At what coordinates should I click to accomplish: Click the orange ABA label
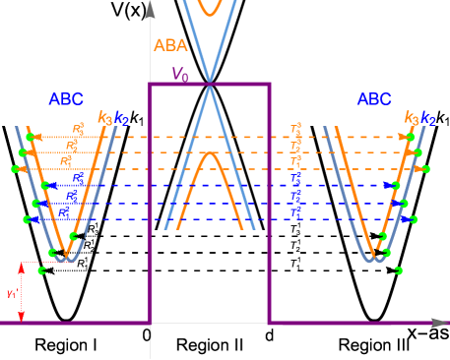pos(170,44)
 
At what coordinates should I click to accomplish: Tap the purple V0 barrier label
pos(179,74)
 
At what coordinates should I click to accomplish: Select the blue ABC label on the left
pos(66,98)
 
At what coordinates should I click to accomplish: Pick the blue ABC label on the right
pos(373,98)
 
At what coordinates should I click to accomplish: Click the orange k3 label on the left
pos(104,117)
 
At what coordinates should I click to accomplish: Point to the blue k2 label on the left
pos(120,118)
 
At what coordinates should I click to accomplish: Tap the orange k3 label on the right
pos(411,117)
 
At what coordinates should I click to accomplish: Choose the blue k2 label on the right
pos(427,118)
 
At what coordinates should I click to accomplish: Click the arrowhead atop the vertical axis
pos(150,10)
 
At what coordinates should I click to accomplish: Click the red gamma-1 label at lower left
pos(11,293)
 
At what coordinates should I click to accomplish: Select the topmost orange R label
pos(78,129)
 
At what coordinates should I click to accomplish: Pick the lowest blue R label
pos(63,211)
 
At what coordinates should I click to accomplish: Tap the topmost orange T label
pos(295,129)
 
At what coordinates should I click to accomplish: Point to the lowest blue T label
pos(295,211)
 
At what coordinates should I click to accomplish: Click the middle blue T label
pos(295,195)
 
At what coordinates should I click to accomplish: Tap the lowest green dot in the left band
pos(42,270)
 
